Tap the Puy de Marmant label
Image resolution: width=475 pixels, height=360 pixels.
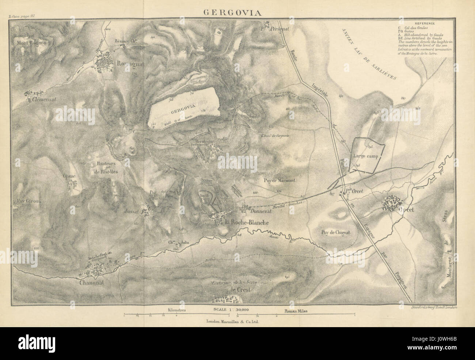coord(280,180)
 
